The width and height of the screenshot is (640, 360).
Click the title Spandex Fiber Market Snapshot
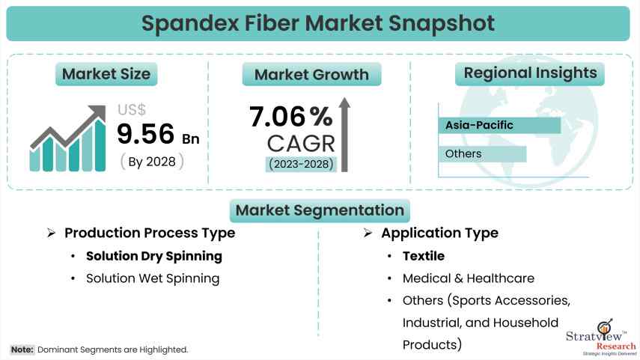tap(320, 22)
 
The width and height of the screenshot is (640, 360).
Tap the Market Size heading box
tap(106, 73)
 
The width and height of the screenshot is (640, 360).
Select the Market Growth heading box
tap(311, 74)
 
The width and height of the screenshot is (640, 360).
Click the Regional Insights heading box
tap(530, 73)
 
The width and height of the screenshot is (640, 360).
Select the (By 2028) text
tap(151, 161)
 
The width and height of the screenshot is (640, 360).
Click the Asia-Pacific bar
tap(499, 125)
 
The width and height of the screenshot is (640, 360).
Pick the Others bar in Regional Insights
tap(482, 154)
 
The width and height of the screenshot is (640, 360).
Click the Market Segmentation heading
tap(320, 210)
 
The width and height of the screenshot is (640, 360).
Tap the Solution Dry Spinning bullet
tap(154, 256)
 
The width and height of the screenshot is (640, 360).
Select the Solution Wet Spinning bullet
tap(153, 278)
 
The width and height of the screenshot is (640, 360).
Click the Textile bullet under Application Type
tap(424, 256)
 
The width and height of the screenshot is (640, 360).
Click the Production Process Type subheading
tap(150, 233)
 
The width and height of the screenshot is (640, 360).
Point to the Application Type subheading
tap(439, 233)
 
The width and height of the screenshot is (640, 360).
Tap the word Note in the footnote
tap(22, 350)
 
